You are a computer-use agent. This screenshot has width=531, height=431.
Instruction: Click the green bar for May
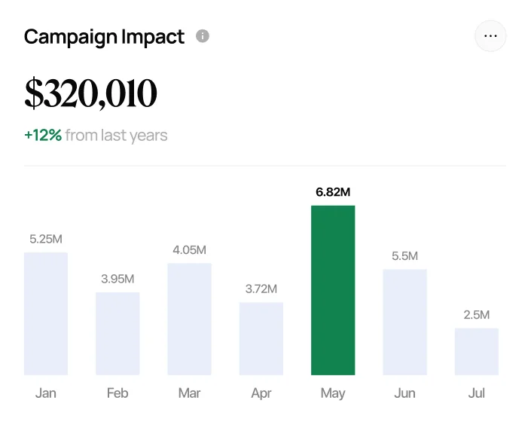pos(333,290)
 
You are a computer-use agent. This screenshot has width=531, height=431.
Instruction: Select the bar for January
pos(46,313)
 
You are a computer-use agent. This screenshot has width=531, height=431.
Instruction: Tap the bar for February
pos(117,333)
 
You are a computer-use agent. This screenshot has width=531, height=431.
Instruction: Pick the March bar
pos(189,319)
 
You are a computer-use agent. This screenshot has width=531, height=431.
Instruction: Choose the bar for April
pos(261,338)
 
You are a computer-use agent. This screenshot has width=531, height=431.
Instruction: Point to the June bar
pos(404,322)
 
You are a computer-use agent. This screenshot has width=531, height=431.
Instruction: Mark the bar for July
pos(476,351)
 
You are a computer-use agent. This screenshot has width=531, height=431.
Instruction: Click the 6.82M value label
pos(333,192)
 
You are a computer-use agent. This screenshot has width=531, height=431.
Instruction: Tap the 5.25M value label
pos(46,239)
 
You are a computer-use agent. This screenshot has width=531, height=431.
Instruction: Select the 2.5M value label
pos(477,315)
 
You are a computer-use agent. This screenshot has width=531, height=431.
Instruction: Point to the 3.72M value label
pos(261,289)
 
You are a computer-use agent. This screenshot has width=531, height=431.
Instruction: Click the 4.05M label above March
pos(190,250)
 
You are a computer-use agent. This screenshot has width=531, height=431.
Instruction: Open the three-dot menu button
pos(490,36)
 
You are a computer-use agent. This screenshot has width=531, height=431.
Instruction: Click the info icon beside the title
pos(202,36)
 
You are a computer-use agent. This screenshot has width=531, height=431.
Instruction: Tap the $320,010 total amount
pos(90,93)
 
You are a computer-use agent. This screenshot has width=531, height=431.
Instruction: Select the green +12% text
pos(43,136)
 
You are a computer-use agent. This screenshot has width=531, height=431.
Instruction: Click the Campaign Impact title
pos(104,37)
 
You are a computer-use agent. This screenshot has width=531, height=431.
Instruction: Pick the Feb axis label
pos(117,393)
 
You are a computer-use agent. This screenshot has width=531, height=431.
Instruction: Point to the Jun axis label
pos(404,393)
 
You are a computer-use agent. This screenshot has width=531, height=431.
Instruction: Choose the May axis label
pos(333,393)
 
